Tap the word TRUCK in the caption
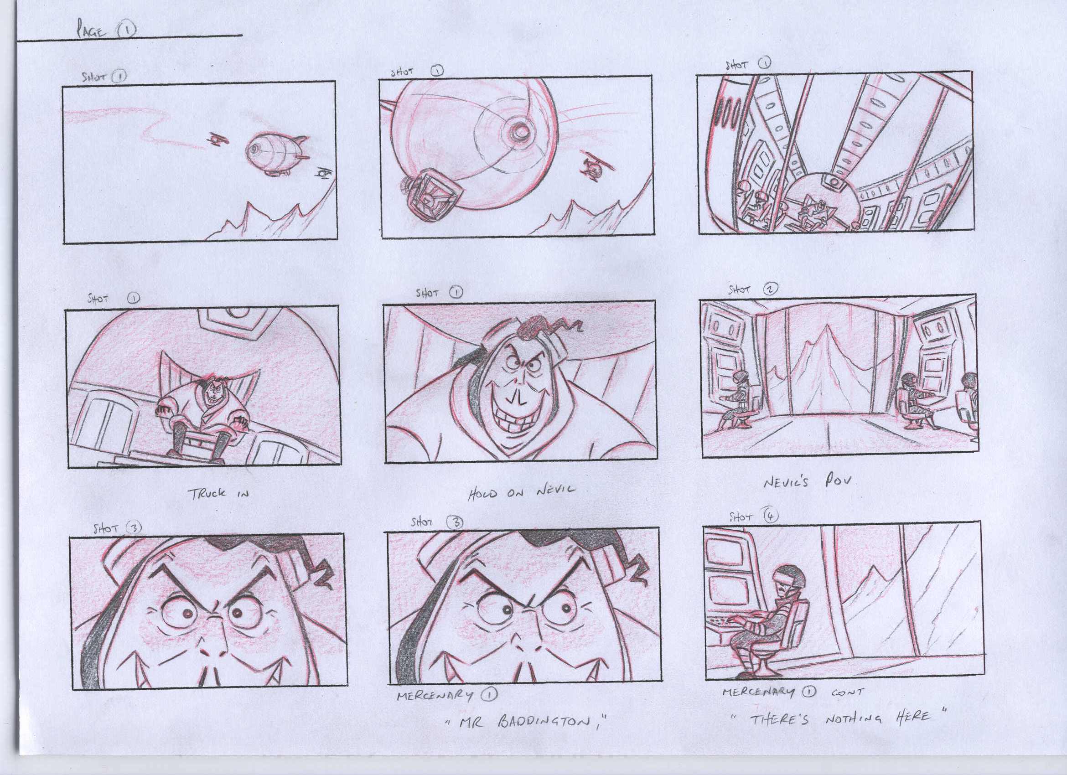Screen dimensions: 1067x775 click(208, 493)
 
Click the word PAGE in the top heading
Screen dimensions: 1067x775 click(92, 32)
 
